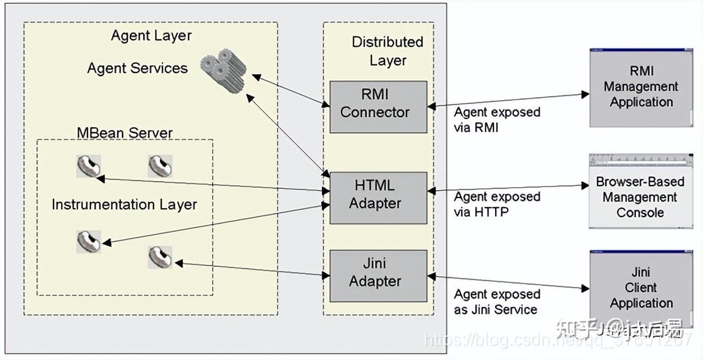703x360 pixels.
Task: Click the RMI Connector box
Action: [x=378, y=106]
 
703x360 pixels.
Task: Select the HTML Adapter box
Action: [x=378, y=197]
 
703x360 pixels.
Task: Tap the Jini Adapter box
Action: [x=378, y=274]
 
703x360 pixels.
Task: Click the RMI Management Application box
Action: [x=641, y=88]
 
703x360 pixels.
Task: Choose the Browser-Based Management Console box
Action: [x=640, y=197]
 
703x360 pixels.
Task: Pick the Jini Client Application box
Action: [x=640, y=288]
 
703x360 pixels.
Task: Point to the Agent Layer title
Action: [x=151, y=36]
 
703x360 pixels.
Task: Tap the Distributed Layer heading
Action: [x=387, y=51]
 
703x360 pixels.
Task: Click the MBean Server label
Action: [x=124, y=133]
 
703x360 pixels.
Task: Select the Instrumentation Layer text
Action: [x=124, y=205]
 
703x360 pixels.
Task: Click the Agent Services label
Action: [x=138, y=68]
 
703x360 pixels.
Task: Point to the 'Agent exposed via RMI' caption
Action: [x=497, y=119]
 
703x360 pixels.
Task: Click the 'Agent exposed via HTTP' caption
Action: [x=497, y=204]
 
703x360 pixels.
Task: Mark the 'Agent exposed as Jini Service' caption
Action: [x=497, y=302]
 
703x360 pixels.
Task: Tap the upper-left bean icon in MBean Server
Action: [x=88, y=166]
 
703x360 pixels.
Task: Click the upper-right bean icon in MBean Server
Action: [x=160, y=166]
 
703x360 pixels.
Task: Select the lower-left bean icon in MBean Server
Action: [x=88, y=241]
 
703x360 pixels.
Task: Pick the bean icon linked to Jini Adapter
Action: [x=160, y=257]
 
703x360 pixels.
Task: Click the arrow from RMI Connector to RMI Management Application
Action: [x=508, y=100]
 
